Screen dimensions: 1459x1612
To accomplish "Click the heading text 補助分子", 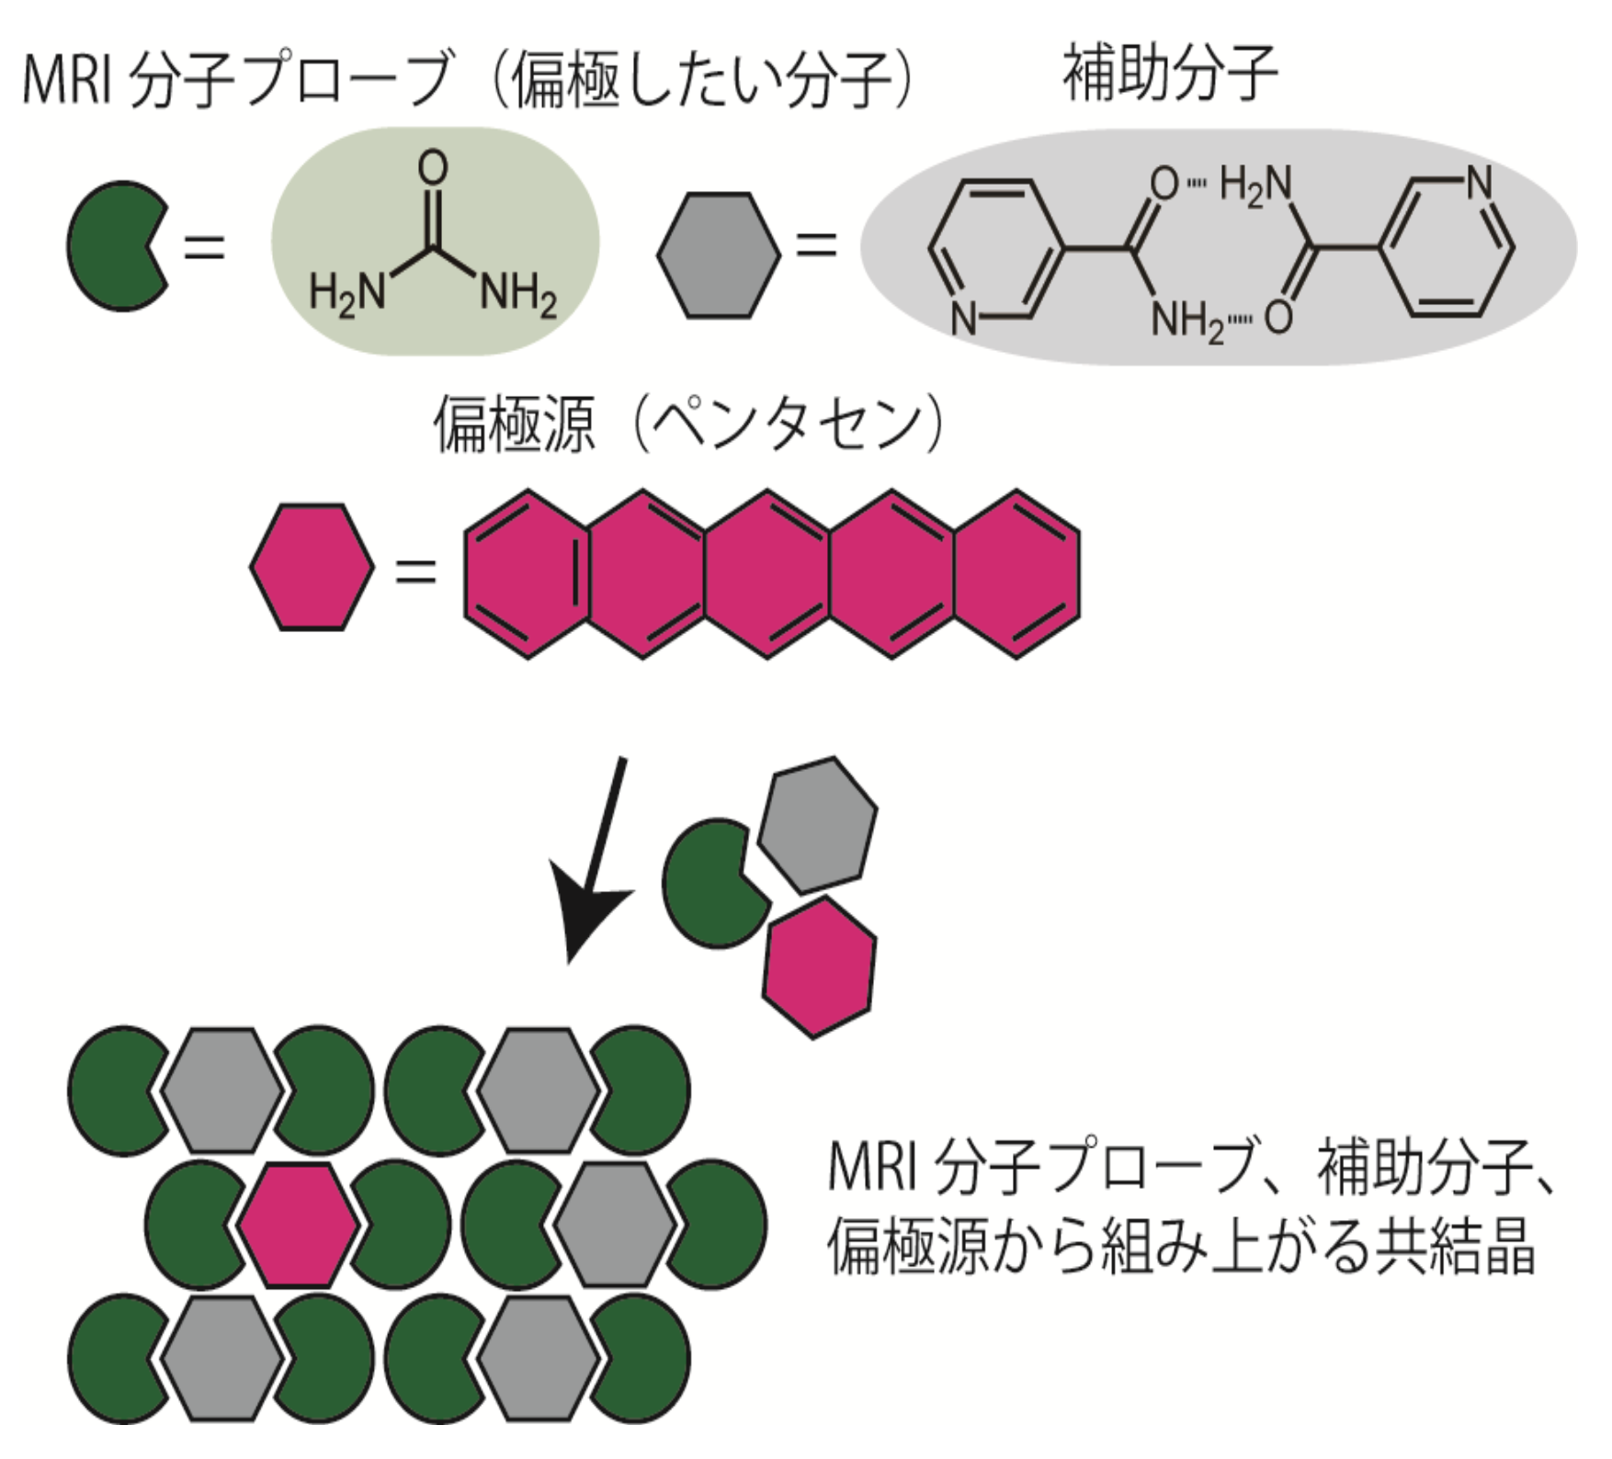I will pyautogui.click(x=1169, y=74).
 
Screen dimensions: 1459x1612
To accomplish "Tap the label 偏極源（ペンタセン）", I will pyautogui.click(x=688, y=425).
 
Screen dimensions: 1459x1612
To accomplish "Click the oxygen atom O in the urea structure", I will pyautogui.click(x=432, y=168).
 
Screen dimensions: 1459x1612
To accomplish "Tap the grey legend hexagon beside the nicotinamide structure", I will pyautogui.click(x=719, y=255).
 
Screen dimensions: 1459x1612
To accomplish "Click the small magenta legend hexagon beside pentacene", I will pyautogui.click(x=312, y=567).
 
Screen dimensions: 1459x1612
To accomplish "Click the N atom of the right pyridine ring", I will pyautogui.click(x=1479, y=183).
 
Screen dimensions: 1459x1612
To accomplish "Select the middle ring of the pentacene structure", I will pyautogui.click(x=768, y=574).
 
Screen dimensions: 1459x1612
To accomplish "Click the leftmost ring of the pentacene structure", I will pyautogui.click(x=527, y=574).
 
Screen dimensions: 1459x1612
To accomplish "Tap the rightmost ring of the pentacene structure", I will pyautogui.click(x=1016, y=574).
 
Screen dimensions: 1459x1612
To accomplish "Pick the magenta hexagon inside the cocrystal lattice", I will pyautogui.click(x=298, y=1225).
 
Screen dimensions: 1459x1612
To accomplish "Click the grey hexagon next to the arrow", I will pyautogui.click(x=817, y=824).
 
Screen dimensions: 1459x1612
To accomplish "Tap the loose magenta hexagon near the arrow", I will pyautogui.click(x=819, y=968).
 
